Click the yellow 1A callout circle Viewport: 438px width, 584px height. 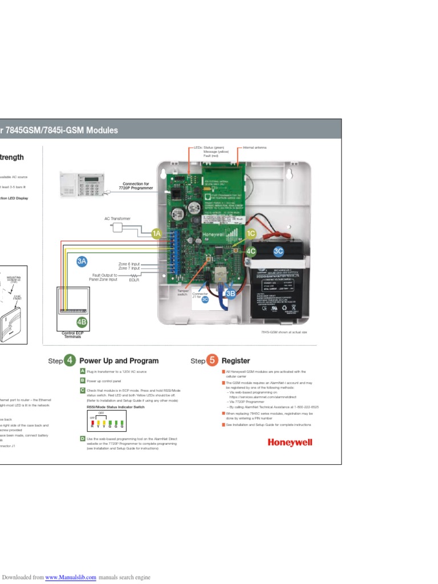tap(157, 233)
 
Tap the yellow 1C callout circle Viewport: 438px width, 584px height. tap(251, 233)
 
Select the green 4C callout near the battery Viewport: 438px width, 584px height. tap(251, 251)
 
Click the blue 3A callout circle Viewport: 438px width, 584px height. tap(82, 261)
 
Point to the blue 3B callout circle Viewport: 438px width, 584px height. tap(230, 293)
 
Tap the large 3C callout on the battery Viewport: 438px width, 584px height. tap(278, 251)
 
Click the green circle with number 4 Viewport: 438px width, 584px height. tap(70, 360)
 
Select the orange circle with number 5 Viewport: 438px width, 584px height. tap(212, 360)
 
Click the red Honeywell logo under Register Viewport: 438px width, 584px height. tap(290, 443)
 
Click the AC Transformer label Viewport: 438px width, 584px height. tap(117, 218)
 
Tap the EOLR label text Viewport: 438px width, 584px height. tap(135, 280)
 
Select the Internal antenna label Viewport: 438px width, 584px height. tap(255, 148)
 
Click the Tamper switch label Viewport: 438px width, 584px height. tap(182, 292)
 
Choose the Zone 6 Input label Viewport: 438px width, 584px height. tap(129, 264)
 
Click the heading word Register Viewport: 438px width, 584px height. tap(236, 361)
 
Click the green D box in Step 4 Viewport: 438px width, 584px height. tap(83, 439)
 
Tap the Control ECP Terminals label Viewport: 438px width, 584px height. tap(71, 335)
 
